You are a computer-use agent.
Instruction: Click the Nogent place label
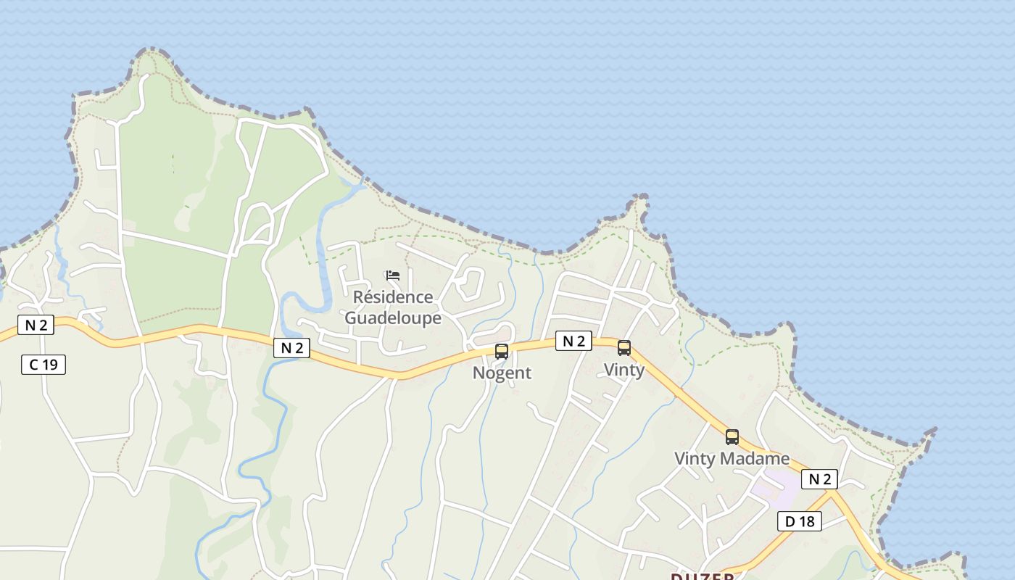[502, 373]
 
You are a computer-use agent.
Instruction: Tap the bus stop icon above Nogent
[502, 352]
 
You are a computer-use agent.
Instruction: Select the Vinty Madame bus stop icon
[732, 437]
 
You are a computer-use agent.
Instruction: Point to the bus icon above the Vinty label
[624, 348]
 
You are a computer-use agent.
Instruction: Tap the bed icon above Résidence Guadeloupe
[393, 275]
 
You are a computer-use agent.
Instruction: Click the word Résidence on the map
[392, 297]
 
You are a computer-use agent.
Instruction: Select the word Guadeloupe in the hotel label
[392, 318]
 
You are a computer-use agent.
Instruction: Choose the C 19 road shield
[43, 365]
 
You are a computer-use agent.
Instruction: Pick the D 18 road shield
[800, 521]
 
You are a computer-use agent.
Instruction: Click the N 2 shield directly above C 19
[36, 325]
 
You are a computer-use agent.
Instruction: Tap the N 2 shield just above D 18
[819, 478]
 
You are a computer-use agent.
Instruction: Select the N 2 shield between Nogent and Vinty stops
[573, 341]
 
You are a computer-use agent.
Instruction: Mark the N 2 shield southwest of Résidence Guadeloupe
[291, 348]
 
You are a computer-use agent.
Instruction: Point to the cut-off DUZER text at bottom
[702, 576]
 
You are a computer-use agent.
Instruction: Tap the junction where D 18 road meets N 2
[832, 493]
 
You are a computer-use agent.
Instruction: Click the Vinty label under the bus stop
[624, 370]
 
